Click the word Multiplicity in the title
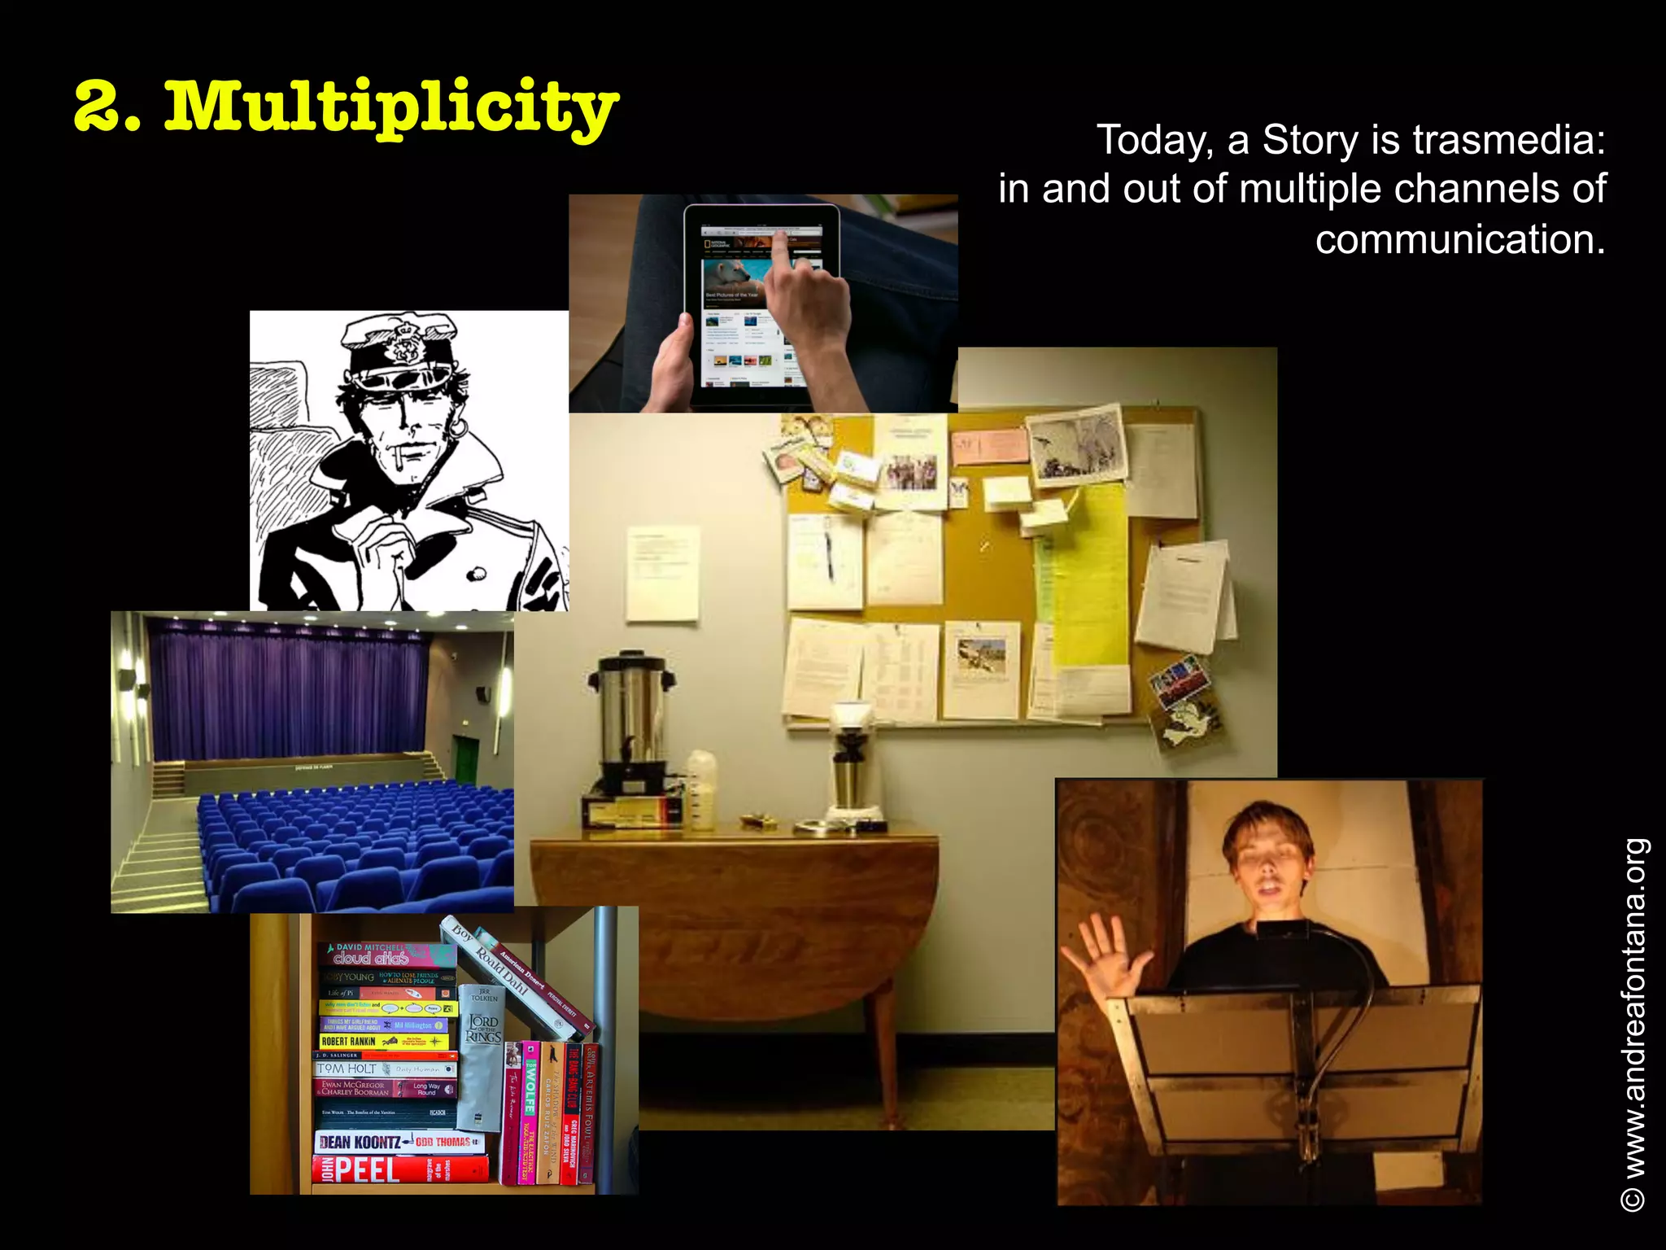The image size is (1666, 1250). coord(390,108)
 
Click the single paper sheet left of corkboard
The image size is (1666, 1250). coord(662,573)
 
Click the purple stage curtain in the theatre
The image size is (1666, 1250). coord(289,700)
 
